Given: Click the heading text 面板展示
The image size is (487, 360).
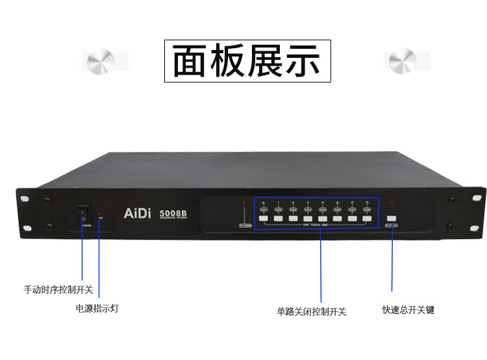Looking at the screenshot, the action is pos(247,61).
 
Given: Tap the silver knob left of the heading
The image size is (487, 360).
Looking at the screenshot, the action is pos(101,61).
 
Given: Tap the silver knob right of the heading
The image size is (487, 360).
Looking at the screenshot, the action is pos(403,61).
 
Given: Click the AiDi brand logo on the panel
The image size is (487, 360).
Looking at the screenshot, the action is pos(138,212).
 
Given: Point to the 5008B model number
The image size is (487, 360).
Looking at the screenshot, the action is pos(173,211).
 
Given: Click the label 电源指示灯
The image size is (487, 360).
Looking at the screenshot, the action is pos(97,308).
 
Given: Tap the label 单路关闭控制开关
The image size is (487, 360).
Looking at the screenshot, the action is pos(312,311).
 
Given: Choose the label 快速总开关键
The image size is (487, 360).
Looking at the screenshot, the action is pos(408,310).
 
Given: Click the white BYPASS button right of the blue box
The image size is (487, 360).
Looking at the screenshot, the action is pos(392,218).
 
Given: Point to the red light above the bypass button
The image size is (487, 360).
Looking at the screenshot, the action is pos(392,203).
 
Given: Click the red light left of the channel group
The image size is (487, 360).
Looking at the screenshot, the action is pos(244,203).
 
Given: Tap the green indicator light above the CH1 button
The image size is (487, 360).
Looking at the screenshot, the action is pos(264,203).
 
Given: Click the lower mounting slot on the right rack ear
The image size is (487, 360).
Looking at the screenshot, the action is pos(450,227).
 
